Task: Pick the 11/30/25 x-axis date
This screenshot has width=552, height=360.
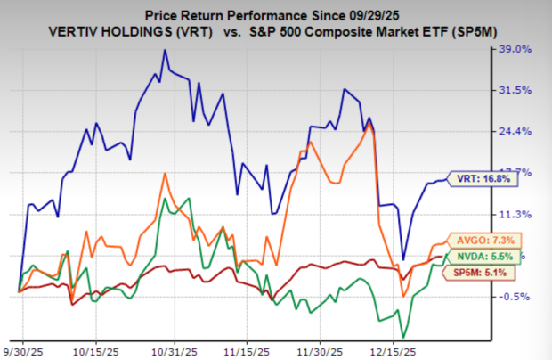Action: pyautogui.click(x=324, y=350)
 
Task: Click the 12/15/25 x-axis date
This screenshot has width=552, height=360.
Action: pyautogui.click(x=400, y=350)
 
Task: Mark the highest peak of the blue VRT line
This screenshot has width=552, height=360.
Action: pyautogui.click(x=165, y=51)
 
